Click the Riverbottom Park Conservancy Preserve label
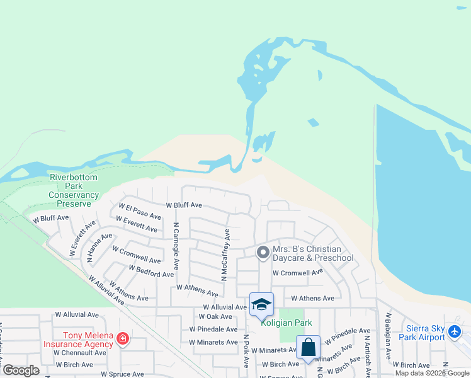74,191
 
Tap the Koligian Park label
287,323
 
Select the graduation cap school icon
261,305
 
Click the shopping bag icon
308,347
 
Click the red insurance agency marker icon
122,340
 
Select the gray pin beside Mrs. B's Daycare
263,253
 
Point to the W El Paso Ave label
140,210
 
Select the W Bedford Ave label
150,271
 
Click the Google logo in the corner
20,370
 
